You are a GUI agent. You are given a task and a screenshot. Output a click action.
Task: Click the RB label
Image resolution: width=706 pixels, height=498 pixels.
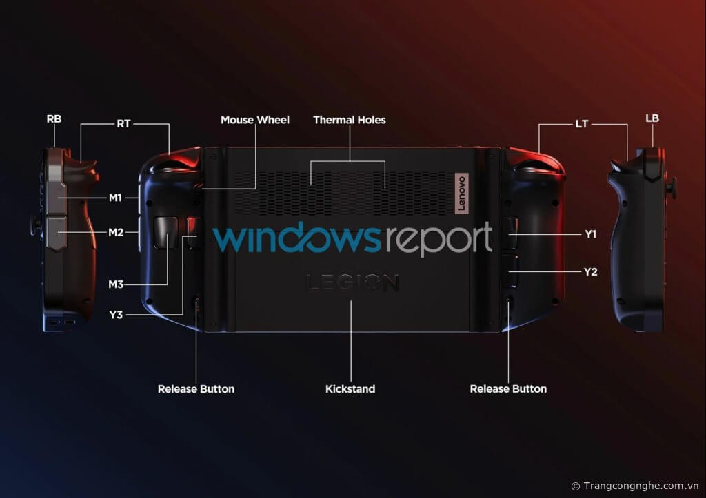54,118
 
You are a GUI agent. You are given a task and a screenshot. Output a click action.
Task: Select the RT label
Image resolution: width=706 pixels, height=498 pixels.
123,125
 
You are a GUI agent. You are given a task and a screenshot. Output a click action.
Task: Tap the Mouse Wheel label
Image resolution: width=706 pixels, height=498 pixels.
255,120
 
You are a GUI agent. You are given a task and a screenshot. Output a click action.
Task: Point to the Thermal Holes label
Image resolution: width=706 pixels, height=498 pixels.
350,120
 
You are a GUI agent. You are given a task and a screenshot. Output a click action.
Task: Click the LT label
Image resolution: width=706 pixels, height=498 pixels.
582,125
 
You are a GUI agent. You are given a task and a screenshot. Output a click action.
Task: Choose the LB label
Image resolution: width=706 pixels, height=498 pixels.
652,118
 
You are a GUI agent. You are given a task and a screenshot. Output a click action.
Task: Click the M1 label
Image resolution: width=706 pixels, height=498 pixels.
115,198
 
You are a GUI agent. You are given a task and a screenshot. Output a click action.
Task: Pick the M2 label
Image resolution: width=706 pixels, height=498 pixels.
115,232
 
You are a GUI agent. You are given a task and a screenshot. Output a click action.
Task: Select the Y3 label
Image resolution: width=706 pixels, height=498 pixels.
115,315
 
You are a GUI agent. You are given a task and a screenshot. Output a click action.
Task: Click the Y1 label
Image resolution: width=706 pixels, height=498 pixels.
590,234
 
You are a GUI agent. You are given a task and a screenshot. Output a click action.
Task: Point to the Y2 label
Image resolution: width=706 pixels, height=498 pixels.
590,272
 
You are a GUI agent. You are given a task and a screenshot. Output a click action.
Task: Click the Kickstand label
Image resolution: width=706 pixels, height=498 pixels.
350,389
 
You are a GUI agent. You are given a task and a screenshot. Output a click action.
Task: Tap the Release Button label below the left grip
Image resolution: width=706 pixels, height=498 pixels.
196,389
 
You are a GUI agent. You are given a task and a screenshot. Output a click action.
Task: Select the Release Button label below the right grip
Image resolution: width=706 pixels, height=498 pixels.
508,389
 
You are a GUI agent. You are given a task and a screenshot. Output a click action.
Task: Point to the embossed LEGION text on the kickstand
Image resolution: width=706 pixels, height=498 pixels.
352,282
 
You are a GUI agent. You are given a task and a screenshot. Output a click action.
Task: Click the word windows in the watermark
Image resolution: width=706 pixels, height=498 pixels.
296,239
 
